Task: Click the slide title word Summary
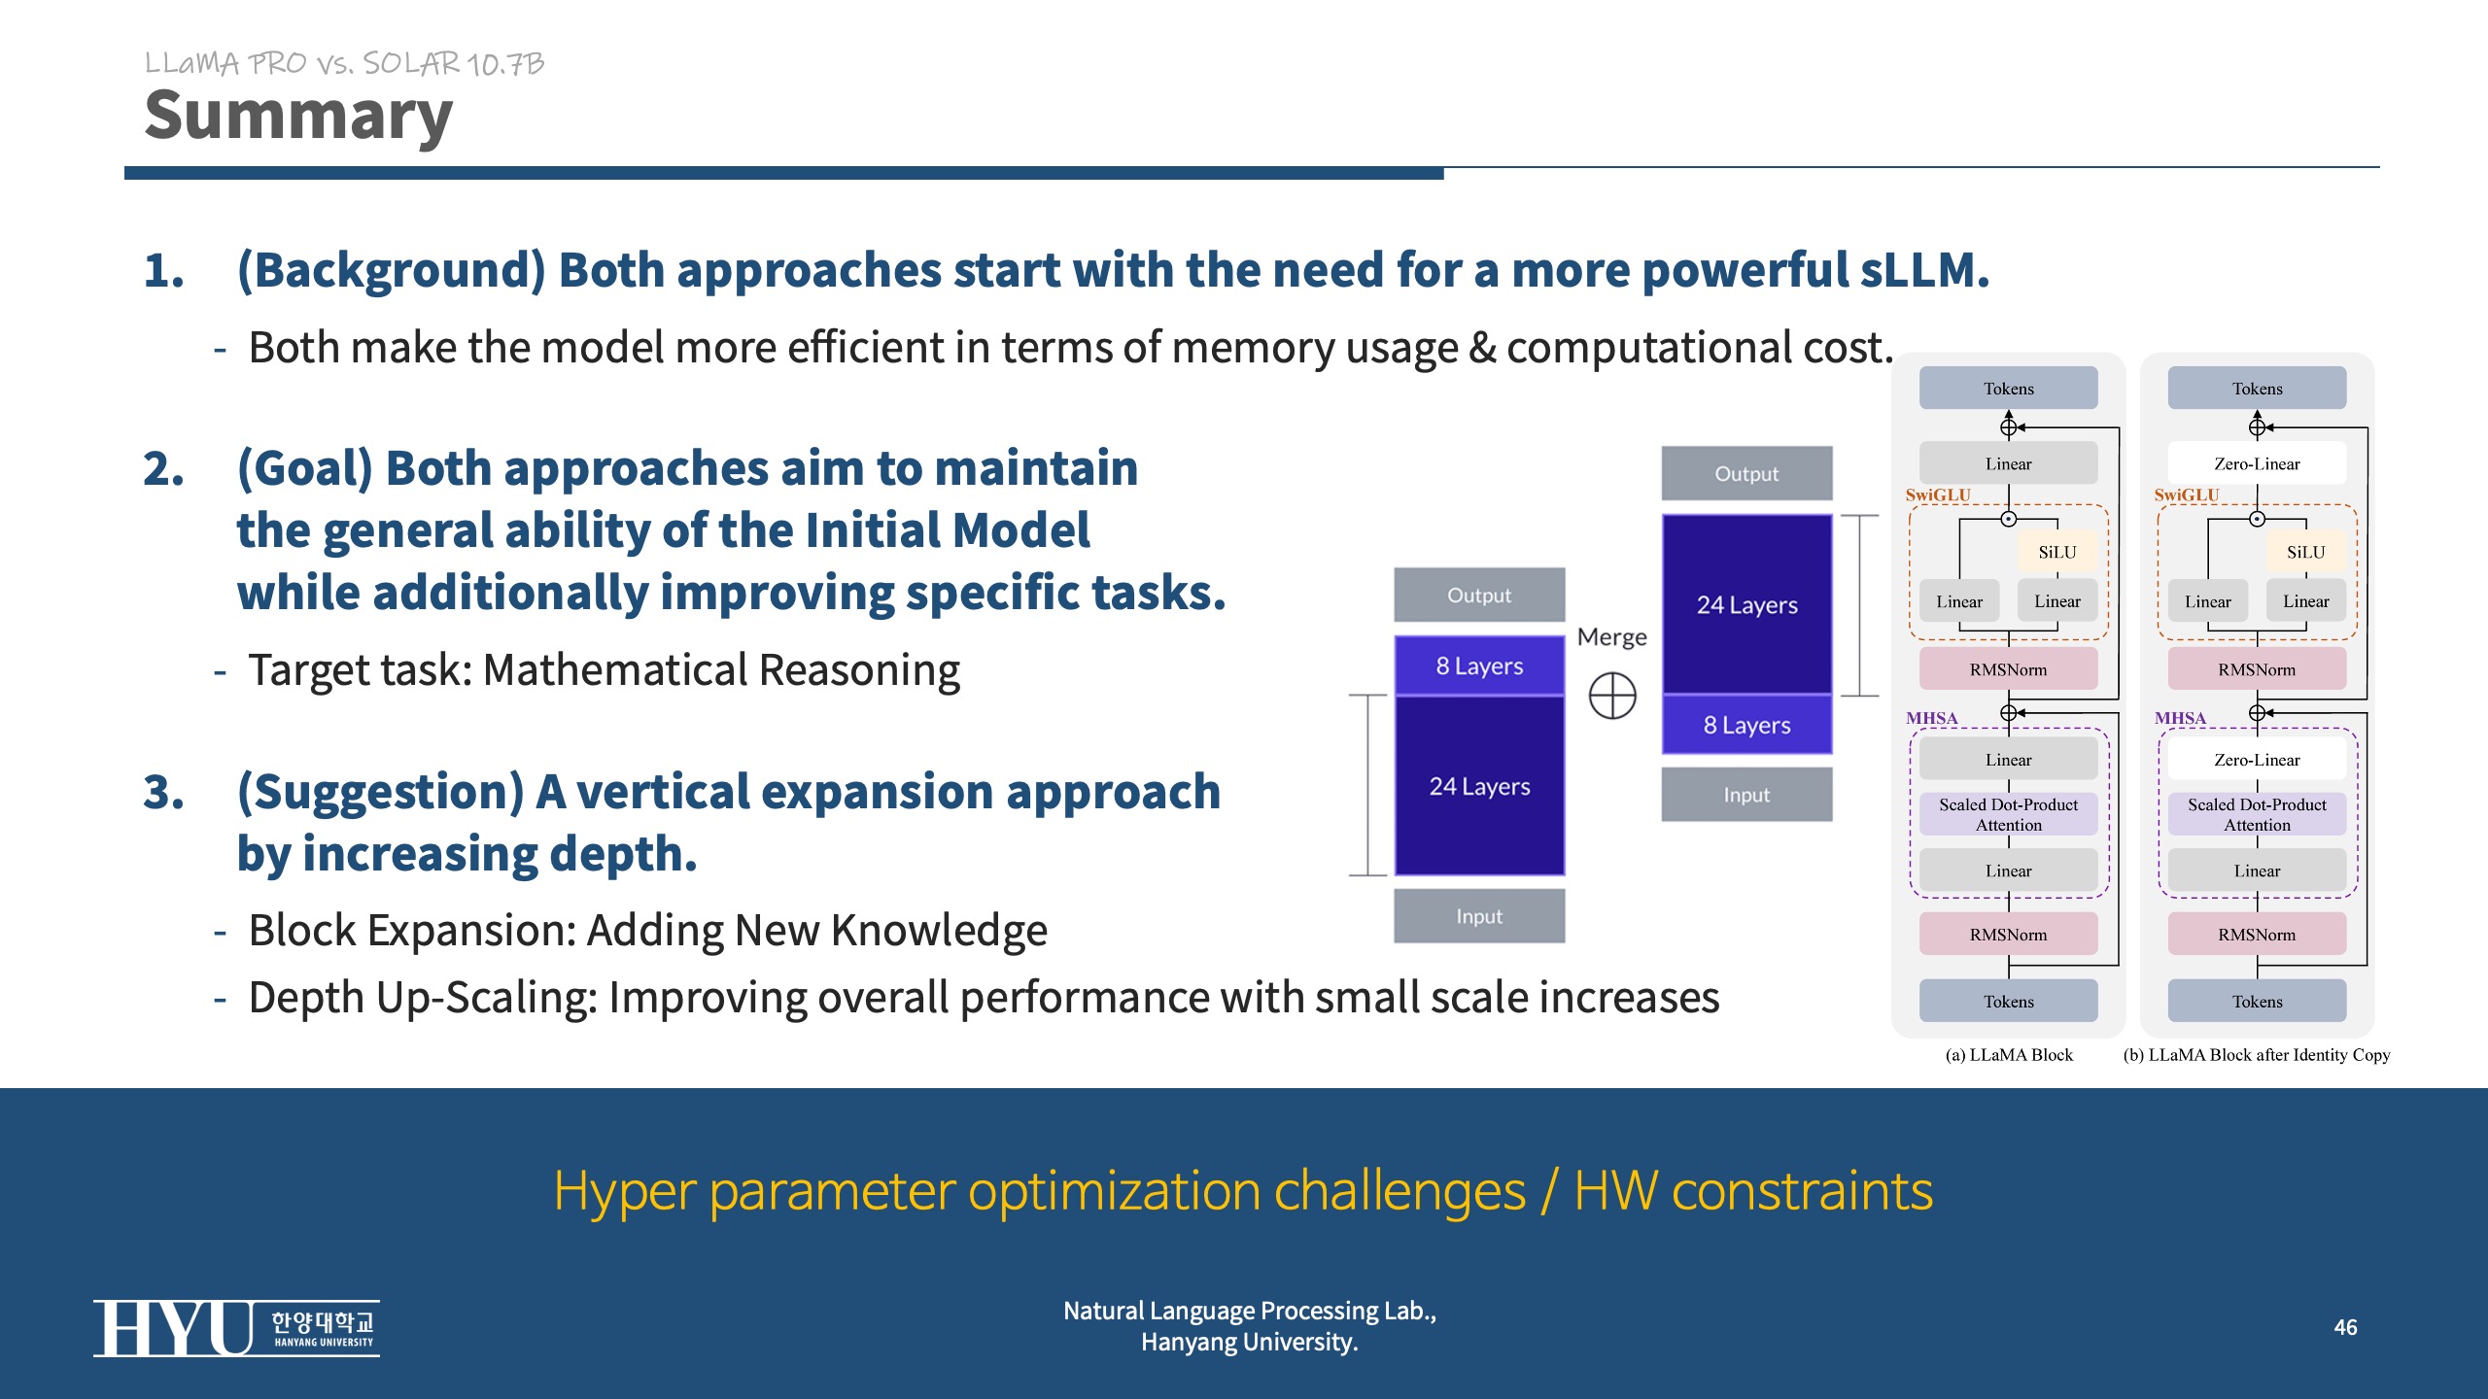click(x=298, y=117)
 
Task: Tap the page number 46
click(x=2345, y=1327)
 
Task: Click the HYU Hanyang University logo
click(x=236, y=1328)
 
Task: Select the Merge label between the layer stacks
click(x=1612, y=637)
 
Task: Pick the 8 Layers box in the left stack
click(x=1479, y=665)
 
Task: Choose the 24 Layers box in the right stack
click(x=1746, y=604)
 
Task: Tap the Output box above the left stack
click(x=1479, y=595)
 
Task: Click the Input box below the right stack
click(x=1746, y=795)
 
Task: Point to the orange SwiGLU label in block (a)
click(x=1938, y=495)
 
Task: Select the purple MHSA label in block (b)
click(x=2180, y=718)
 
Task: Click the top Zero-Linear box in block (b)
click(x=2257, y=463)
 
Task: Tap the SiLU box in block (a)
click(x=2057, y=552)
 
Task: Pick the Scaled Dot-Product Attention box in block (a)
click(x=2008, y=814)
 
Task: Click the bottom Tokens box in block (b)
click(x=2257, y=1001)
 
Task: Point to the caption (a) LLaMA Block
click(x=2009, y=1055)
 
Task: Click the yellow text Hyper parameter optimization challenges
click(x=1039, y=1191)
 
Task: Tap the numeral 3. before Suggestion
click(x=163, y=792)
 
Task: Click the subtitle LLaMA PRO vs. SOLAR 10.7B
click(x=344, y=64)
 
